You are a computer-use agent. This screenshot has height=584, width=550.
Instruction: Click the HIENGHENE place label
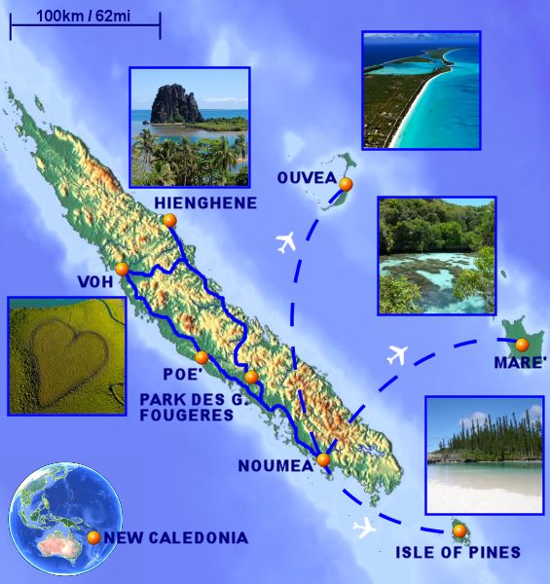pyautogui.click(x=205, y=202)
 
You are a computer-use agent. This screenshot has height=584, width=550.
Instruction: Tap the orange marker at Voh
pyautogui.click(x=122, y=270)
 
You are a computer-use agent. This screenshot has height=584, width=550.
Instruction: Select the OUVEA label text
pyautogui.click(x=306, y=178)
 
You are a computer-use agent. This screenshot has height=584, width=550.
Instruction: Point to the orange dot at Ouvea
pyautogui.click(x=345, y=184)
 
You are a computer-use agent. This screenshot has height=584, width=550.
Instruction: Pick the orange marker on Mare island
pyautogui.click(x=522, y=345)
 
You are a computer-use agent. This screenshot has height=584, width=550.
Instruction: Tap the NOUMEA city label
pyautogui.click(x=275, y=466)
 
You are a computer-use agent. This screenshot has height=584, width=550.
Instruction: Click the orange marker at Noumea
pyautogui.click(x=323, y=459)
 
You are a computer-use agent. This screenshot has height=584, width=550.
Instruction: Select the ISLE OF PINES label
pyautogui.click(x=458, y=553)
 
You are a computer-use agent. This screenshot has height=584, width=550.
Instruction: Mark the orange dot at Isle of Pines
pyautogui.click(x=458, y=530)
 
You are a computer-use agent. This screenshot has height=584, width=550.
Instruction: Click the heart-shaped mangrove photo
pyautogui.click(x=66, y=355)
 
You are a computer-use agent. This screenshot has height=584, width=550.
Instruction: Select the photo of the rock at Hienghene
pyautogui.click(x=190, y=126)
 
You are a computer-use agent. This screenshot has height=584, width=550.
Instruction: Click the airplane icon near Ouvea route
pyautogui.click(x=286, y=241)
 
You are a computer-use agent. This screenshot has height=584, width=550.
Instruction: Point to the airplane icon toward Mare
pyautogui.click(x=396, y=354)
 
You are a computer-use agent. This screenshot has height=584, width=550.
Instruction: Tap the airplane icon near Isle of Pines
pyautogui.click(x=366, y=529)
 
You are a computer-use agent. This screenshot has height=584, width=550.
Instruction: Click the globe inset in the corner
pyautogui.click(x=65, y=519)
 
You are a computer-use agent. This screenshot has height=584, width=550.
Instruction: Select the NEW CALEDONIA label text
pyautogui.click(x=176, y=537)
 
